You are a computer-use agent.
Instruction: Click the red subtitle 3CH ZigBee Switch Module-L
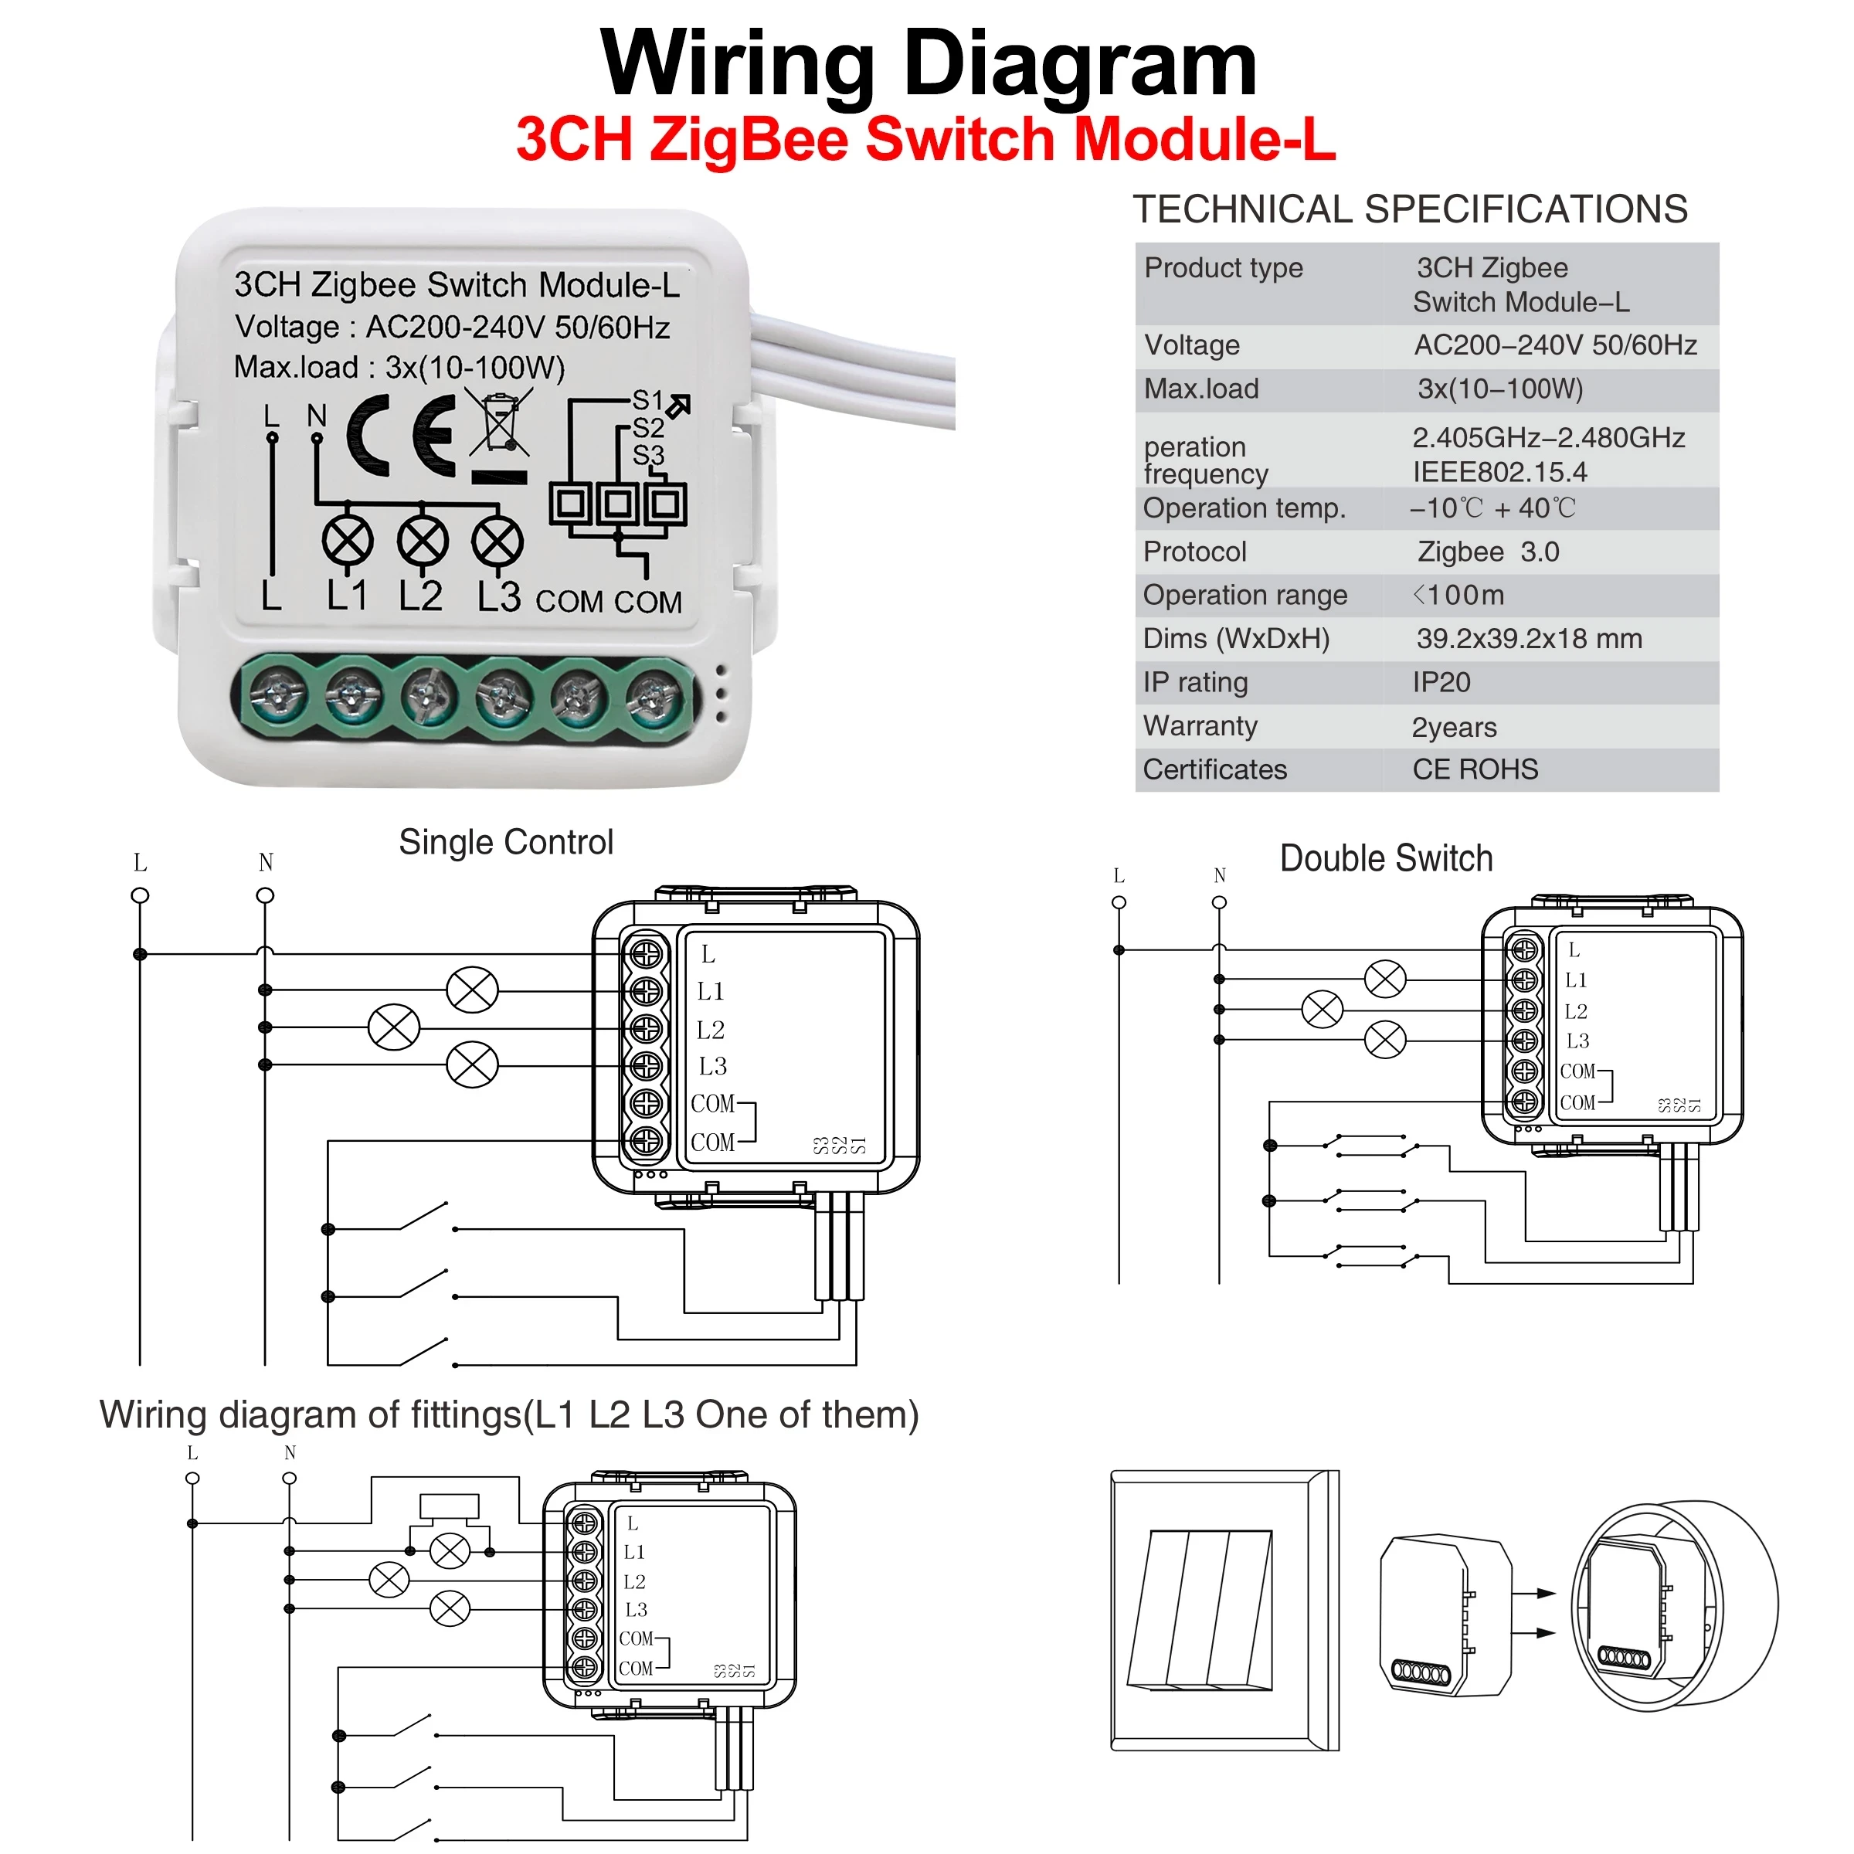click(925, 139)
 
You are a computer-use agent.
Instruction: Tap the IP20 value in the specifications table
click(1441, 682)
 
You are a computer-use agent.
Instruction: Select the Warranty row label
click(1200, 725)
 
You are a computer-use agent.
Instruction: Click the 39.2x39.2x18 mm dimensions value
click(1529, 638)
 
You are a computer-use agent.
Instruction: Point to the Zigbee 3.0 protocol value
click(1487, 552)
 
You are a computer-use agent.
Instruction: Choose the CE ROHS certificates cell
click(1474, 769)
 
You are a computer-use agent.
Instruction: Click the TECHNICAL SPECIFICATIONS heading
click(1409, 209)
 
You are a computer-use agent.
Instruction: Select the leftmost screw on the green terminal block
click(277, 694)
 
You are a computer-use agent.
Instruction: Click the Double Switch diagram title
click(1386, 858)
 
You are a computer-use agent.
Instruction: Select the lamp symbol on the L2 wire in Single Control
click(393, 1027)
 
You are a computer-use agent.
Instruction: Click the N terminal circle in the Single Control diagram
click(265, 895)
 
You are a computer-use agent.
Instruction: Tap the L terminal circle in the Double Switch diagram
click(1118, 902)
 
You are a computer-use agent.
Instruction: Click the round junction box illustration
click(1675, 1605)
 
